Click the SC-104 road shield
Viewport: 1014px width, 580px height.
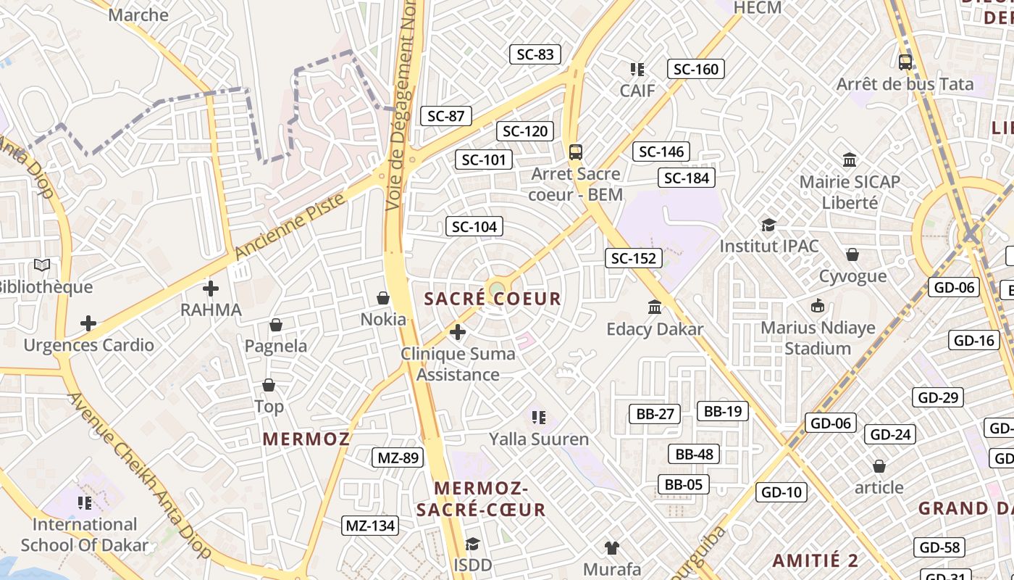coord(474,227)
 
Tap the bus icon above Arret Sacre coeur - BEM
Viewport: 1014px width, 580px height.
coord(576,152)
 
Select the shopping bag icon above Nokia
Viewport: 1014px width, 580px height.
coord(383,298)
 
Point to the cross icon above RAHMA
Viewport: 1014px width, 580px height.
coord(211,289)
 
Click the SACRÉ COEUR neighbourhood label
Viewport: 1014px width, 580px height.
coord(493,299)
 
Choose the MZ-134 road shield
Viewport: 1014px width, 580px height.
coord(370,526)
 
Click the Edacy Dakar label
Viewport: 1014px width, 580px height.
coord(655,329)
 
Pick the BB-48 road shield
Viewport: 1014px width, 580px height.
coord(695,455)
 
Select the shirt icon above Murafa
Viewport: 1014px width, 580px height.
coord(612,547)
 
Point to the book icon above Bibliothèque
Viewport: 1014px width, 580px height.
coord(43,266)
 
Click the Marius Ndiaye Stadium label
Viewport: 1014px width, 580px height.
coord(818,338)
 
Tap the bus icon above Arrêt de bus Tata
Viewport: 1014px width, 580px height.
coord(905,62)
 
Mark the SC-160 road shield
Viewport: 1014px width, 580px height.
coord(695,69)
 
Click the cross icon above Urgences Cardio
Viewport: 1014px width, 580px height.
coord(88,323)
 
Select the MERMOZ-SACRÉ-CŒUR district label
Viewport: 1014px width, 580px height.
coord(481,498)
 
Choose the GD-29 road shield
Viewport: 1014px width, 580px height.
coord(937,397)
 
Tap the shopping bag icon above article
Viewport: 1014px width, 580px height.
coord(879,466)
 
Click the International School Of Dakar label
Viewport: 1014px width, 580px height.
coord(85,535)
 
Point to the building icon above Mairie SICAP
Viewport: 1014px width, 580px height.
coord(850,159)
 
